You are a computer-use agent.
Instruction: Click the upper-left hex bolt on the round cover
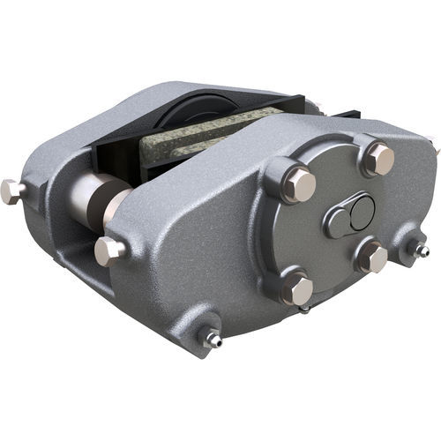click(300, 183)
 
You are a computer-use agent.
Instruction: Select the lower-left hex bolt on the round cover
click(297, 288)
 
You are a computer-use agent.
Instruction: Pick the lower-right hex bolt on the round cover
click(374, 258)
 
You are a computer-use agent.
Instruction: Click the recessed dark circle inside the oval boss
click(361, 212)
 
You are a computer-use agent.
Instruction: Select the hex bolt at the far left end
click(11, 190)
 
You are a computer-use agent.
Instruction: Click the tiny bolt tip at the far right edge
click(435, 145)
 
